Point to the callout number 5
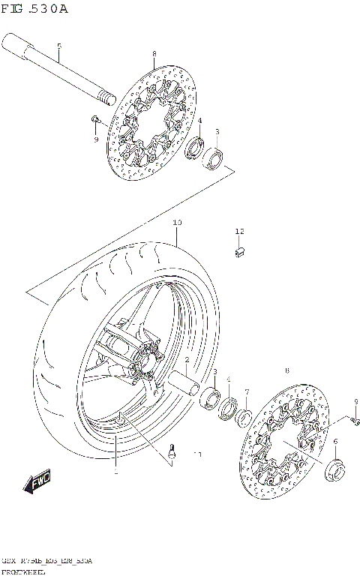59,46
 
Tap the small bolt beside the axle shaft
95,119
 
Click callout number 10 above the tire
177,223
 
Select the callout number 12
239,232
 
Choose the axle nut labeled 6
334,470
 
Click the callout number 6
335,442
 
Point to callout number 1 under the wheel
115,473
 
